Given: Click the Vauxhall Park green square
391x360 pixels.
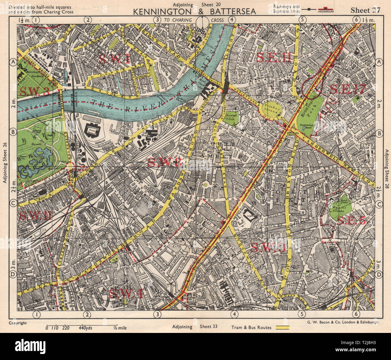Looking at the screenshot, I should pyautogui.click(x=232, y=118).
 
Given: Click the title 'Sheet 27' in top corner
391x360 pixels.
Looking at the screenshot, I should pyautogui.click(x=365, y=10).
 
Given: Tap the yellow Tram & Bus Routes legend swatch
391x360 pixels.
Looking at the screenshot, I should pyautogui.click(x=282, y=328).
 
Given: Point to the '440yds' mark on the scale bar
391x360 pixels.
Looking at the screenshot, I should pyautogui.click(x=85, y=328).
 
